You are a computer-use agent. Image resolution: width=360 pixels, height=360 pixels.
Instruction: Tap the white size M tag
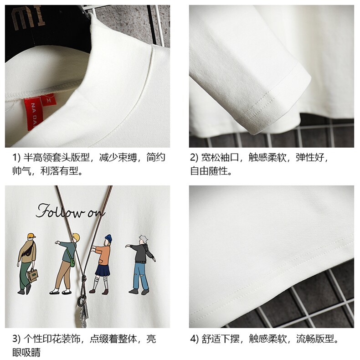click(x=48, y=100)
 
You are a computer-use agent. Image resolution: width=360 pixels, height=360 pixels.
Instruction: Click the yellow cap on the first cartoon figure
click(x=31, y=236)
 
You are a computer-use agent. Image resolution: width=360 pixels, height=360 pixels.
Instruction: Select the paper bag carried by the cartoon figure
click(x=32, y=275)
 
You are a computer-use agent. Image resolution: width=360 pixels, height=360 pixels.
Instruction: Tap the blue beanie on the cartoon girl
click(x=108, y=238)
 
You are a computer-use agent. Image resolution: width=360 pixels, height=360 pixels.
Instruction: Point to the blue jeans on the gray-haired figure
click(x=141, y=276)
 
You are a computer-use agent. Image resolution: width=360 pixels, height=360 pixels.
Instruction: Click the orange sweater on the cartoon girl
click(x=103, y=254)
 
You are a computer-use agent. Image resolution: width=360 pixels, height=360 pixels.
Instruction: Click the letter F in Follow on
click(x=43, y=211)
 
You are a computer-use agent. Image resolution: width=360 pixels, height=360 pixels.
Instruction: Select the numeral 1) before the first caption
click(x=16, y=158)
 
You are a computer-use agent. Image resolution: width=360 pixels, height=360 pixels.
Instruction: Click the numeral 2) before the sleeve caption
click(x=194, y=158)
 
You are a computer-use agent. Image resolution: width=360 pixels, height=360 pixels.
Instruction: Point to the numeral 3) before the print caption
click(x=16, y=339)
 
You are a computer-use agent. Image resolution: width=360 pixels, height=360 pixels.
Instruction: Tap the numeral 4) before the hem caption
click(x=194, y=339)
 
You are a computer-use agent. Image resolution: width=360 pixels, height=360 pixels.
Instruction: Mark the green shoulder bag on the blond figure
click(x=72, y=261)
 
